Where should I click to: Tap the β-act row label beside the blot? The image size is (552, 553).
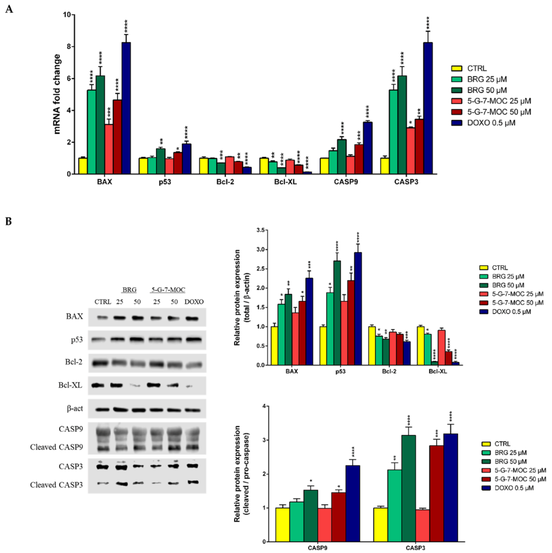75,408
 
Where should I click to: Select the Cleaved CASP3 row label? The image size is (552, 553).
57,485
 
